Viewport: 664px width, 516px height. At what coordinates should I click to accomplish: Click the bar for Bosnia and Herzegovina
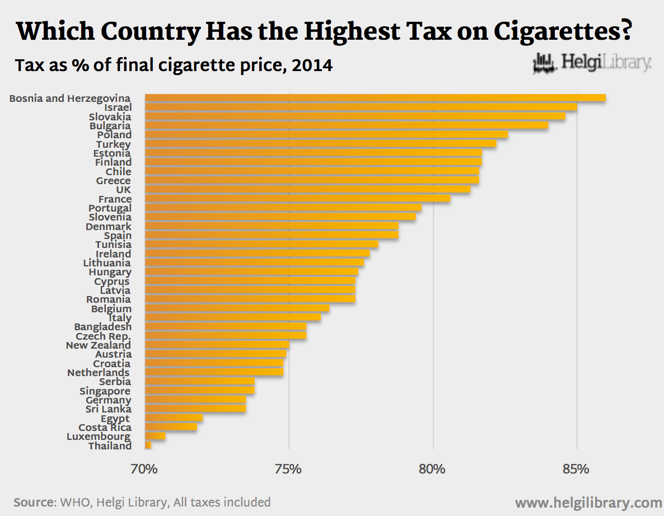click(x=375, y=98)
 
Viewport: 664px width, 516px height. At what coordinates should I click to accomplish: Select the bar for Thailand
click(x=148, y=445)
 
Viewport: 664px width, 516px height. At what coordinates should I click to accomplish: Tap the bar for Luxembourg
click(x=155, y=436)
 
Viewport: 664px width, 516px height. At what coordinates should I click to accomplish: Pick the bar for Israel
click(x=361, y=107)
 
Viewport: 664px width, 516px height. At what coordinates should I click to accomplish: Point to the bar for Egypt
click(x=174, y=418)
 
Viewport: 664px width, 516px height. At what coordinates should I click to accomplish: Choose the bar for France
click(x=297, y=199)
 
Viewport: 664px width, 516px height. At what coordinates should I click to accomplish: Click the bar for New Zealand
click(x=217, y=345)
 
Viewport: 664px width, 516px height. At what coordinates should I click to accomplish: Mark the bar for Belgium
click(x=237, y=308)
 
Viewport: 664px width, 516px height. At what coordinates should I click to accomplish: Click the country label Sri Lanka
click(x=109, y=409)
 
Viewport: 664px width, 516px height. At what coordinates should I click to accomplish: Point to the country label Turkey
click(x=113, y=144)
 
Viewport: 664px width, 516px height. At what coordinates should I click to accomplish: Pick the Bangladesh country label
click(x=103, y=327)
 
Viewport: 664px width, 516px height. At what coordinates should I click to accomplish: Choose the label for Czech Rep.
click(x=103, y=336)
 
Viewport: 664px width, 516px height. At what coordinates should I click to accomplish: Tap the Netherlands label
click(x=99, y=373)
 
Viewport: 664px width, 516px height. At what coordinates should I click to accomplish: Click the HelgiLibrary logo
click(x=592, y=63)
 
